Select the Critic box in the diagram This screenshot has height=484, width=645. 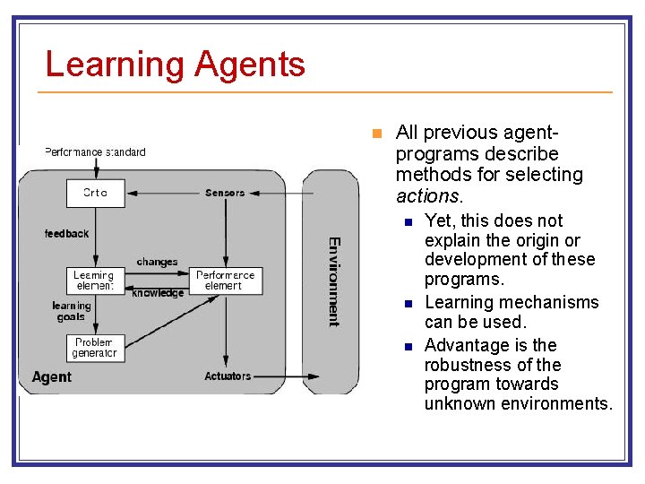coord(95,193)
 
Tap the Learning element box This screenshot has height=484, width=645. coord(95,281)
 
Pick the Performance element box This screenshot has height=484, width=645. coord(226,281)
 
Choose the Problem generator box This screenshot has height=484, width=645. coord(95,348)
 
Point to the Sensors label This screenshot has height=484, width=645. coord(226,193)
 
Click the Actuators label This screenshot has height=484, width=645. coord(228,376)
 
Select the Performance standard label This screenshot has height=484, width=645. coord(95,152)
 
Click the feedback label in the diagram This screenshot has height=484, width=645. coord(67,234)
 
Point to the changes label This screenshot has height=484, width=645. coord(157,262)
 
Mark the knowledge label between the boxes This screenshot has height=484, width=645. coord(158,293)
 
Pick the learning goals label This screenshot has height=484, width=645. coord(71,311)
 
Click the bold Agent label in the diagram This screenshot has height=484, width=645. coord(51,377)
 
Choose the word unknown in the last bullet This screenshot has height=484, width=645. coord(453,403)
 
